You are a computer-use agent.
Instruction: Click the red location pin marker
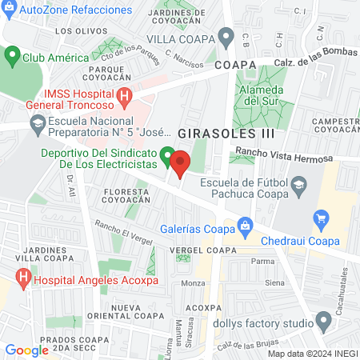[x=180, y=164]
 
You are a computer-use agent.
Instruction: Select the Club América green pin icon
[x=12, y=57]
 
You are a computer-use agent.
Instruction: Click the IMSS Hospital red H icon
[x=125, y=98]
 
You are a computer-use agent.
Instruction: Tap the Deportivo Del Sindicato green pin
[x=167, y=156]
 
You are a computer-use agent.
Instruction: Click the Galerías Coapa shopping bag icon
[x=245, y=226]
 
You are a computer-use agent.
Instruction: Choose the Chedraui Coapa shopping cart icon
[x=322, y=217]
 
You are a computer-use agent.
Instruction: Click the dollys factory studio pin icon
[x=323, y=322]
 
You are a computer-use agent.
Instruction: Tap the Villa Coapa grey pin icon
[x=226, y=38]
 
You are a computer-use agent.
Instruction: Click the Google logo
[x=26, y=350]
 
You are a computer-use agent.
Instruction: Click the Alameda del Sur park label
[x=258, y=95]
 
